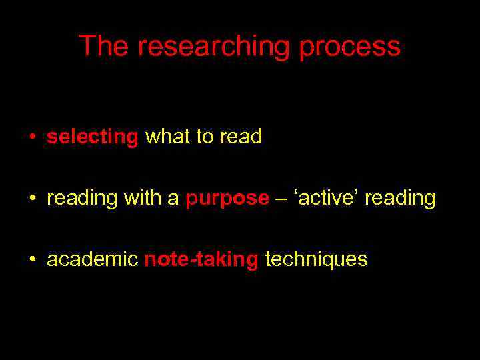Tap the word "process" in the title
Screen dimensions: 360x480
(x=349, y=47)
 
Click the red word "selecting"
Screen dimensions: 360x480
(x=92, y=137)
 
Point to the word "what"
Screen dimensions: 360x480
(x=167, y=137)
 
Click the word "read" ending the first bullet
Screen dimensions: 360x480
(x=241, y=137)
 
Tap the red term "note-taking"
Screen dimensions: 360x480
(x=201, y=259)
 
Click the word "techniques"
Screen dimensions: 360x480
(x=316, y=259)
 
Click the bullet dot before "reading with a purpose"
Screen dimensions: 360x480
(x=32, y=199)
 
